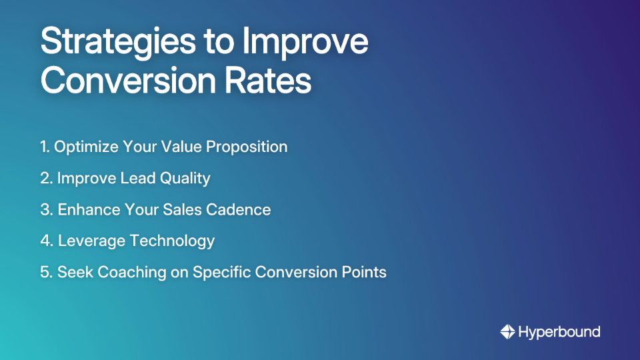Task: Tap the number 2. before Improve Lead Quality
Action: click(46, 178)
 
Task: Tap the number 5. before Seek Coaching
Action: click(46, 272)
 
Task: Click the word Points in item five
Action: click(364, 272)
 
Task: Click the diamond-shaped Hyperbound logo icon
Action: click(507, 331)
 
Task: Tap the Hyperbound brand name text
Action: click(559, 331)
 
